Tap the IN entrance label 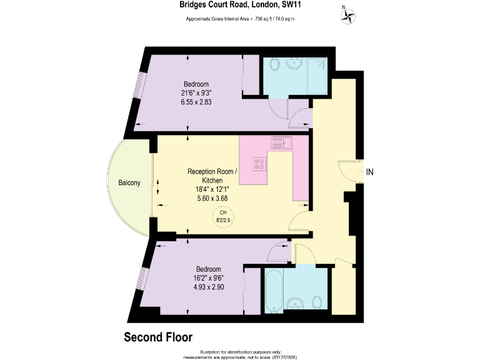click(369, 171)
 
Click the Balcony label click(129, 183)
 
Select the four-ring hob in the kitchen click(259, 164)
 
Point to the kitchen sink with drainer click(282, 143)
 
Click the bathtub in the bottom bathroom click(274, 289)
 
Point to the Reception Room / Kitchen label click(212, 176)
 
